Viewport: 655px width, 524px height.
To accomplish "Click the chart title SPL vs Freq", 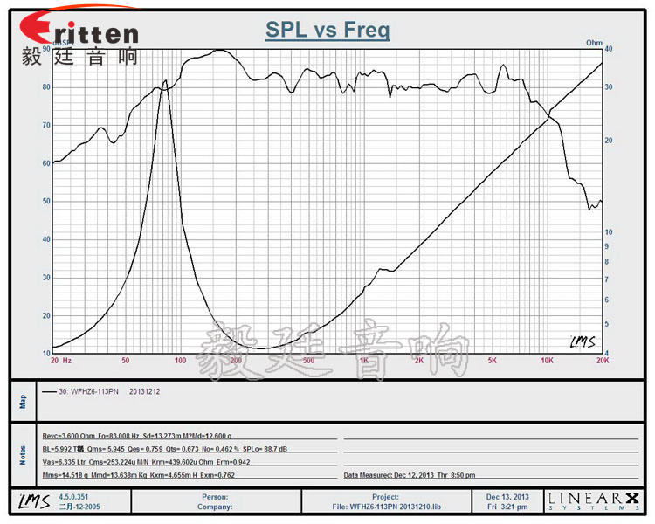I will coord(327,31).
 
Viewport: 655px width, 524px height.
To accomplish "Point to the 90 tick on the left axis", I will coord(45,50).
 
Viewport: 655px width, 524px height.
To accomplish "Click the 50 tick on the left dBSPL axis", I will coord(45,202).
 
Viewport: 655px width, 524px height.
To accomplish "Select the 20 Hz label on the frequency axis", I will coord(60,360).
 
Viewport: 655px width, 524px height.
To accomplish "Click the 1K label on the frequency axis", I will coord(363,360).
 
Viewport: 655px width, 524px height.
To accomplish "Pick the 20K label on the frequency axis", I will coord(601,360).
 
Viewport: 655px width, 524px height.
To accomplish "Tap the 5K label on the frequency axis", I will coord(493,360).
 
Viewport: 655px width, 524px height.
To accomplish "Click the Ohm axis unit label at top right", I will coord(594,42).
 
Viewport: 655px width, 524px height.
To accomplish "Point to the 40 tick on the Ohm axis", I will coord(610,50).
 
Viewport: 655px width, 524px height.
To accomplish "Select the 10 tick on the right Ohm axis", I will coord(610,232).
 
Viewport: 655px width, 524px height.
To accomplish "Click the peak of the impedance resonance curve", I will coord(165,81).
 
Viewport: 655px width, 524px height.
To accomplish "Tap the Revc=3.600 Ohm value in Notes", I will coord(70,435).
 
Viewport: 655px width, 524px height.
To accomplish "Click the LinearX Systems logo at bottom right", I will coord(594,500).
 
